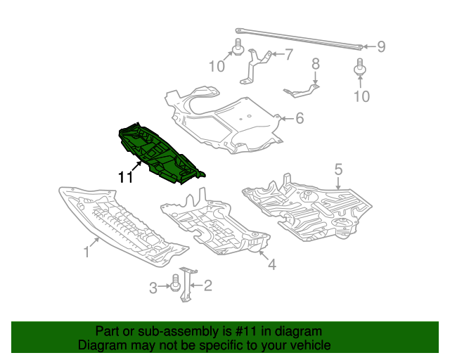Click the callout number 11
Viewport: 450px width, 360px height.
125,178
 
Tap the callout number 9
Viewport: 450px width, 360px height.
380,47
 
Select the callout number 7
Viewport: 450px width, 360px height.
288,54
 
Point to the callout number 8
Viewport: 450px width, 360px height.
315,63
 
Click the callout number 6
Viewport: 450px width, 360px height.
300,118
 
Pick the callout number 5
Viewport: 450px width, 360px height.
338,169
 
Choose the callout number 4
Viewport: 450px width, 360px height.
271,264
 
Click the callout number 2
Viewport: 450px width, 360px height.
207,285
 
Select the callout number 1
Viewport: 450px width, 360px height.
88,251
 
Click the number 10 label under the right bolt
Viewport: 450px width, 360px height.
361,96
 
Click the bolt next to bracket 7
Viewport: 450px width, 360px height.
237,49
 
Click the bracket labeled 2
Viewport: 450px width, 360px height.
187,285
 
